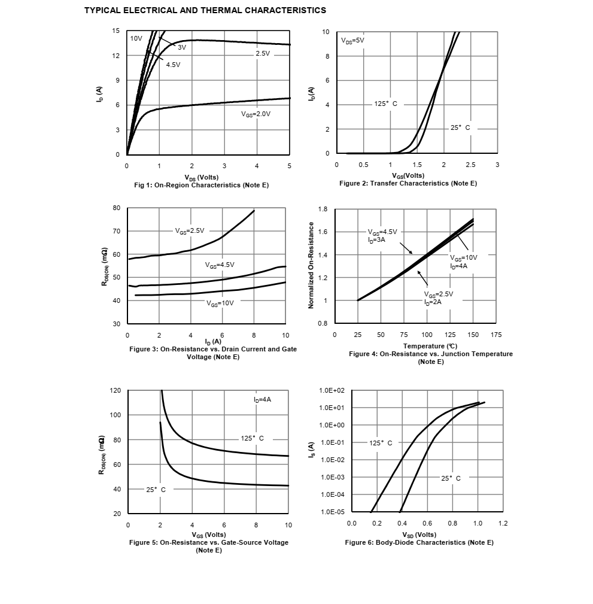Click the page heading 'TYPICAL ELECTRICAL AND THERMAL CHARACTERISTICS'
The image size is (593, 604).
tap(205, 10)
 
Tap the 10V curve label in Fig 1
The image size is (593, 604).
tap(136, 38)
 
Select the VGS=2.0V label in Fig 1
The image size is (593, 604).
tap(256, 113)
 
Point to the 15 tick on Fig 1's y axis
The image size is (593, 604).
tap(115, 31)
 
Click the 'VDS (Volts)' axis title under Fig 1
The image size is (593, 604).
tap(202, 177)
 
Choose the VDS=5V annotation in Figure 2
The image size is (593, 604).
tap(352, 40)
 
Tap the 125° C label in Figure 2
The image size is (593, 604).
tap(385, 104)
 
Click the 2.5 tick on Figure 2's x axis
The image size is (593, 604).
tap(470, 165)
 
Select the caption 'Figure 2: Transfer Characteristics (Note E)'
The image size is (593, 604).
tap(408, 183)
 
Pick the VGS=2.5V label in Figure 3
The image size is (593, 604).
tap(190, 230)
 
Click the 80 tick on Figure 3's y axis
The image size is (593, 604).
tap(116, 208)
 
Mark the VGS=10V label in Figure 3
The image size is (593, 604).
tap(220, 303)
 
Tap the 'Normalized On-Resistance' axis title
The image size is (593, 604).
tap(311, 265)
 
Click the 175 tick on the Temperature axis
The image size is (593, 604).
tap(496, 335)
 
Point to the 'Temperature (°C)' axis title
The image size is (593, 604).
tap(430, 346)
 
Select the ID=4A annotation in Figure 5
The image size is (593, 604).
tap(262, 399)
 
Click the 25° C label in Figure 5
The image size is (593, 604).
tap(156, 489)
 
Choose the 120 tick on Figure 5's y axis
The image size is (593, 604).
tap(115, 390)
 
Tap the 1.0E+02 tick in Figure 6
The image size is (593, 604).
tap(332, 390)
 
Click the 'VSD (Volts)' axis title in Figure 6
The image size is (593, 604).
tap(419, 535)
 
